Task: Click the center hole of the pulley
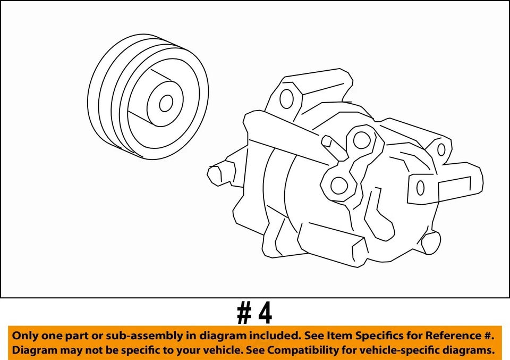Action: click(x=166, y=103)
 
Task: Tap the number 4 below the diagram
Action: click(x=265, y=313)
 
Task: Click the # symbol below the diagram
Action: click(x=244, y=314)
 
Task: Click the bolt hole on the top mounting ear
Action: click(x=287, y=98)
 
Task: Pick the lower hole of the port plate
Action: click(x=338, y=186)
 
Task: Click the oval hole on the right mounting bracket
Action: click(x=421, y=188)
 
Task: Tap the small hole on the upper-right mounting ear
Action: click(x=440, y=149)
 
